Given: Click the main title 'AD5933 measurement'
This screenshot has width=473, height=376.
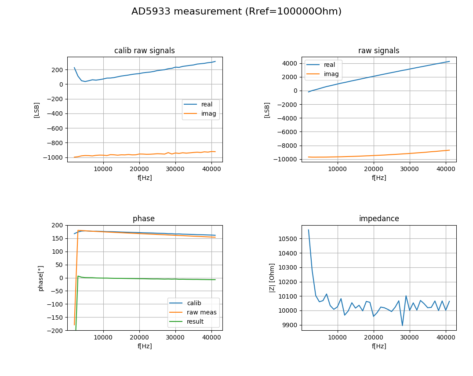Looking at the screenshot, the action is pyautogui.click(x=187, y=11).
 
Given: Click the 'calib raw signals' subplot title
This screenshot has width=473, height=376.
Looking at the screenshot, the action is pyautogui.click(x=145, y=51).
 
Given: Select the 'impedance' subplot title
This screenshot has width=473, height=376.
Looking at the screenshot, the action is pyautogui.click(x=379, y=219).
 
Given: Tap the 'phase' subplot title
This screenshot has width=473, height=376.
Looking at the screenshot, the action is pyautogui.click(x=144, y=219).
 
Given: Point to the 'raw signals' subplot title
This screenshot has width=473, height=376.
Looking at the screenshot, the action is pyautogui.click(x=379, y=51).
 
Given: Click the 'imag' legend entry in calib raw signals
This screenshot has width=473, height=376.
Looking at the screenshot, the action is pyautogui.click(x=208, y=113).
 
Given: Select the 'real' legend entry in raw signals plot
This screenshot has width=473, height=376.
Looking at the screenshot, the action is pyautogui.click(x=329, y=65).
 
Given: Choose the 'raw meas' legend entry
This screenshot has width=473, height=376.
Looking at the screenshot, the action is pyautogui.click(x=201, y=312).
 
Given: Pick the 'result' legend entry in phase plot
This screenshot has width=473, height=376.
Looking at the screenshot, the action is pyautogui.click(x=195, y=321).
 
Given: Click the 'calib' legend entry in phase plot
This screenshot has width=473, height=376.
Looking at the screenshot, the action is pyautogui.click(x=194, y=303).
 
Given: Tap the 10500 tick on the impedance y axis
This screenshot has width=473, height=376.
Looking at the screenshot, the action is pyautogui.click(x=288, y=239).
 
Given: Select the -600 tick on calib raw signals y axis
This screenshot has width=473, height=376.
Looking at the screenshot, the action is pyautogui.click(x=55, y=128).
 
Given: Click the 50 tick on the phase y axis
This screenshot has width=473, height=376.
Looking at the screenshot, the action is pyautogui.click(x=59, y=265).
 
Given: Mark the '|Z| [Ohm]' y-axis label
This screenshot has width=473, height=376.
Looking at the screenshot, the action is pyautogui.click(x=272, y=278).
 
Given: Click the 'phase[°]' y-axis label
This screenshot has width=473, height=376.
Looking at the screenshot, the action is pyautogui.click(x=41, y=278).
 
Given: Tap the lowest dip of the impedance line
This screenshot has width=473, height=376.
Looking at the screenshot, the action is pyautogui.click(x=402, y=325).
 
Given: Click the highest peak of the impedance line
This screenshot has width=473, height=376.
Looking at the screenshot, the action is pyautogui.click(x=308, y=230).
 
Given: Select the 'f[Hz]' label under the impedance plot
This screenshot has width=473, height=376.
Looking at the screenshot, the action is pyautogui.click(x=379, y=346).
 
